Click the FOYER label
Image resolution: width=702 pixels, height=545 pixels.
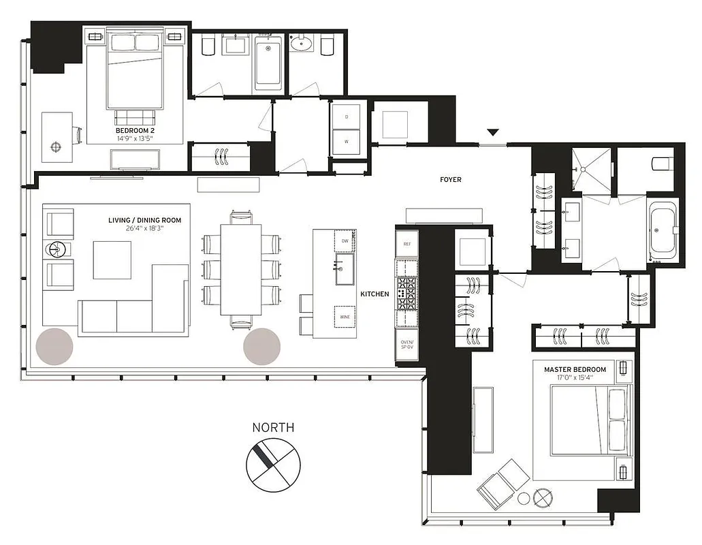(x=450, y=180)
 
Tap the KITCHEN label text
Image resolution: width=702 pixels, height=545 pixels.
(x=374, y=294)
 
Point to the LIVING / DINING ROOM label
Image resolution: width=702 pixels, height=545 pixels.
(x=144, y=220)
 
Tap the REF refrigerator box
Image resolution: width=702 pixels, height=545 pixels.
(x=406, y=243)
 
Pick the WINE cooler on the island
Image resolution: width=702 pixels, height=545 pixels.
(x=344, y=317)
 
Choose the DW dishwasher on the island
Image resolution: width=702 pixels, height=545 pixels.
(x=345, y=241)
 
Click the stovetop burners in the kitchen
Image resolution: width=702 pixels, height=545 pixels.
(x=406, y=294)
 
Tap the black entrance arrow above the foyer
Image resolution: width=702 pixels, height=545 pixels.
(x=494, y=132)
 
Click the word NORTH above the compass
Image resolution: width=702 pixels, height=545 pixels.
(x=273, y=428)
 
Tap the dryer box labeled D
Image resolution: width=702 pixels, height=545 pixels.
(x=347, y=117)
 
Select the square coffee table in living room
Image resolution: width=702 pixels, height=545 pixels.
(x=112, y=260)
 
